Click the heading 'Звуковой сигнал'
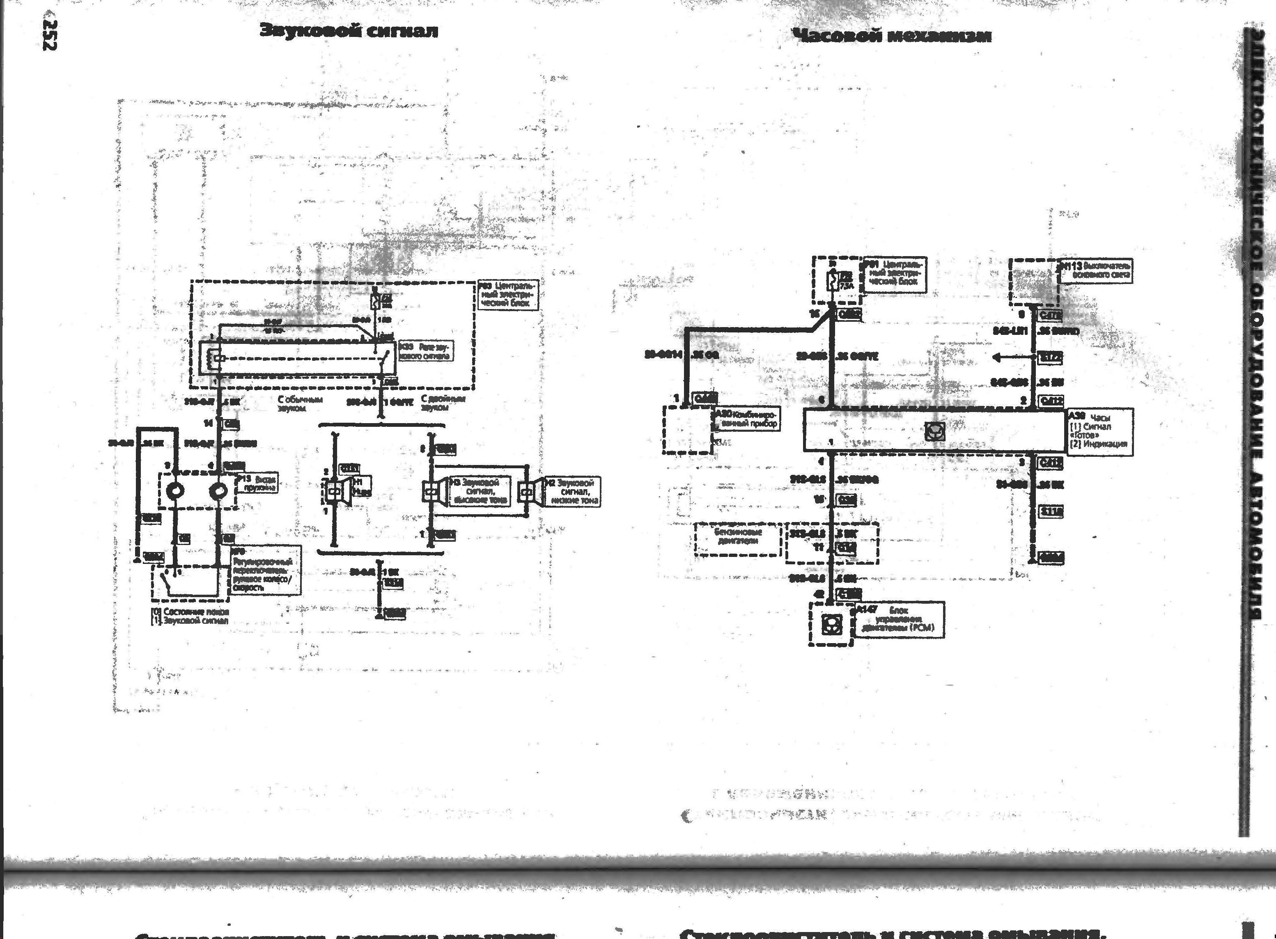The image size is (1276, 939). pyautogui.click(x=349, y=31)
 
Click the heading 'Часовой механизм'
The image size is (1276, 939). pyautogui.click(x=892, y=36)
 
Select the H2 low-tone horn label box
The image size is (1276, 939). pyautogui.click(x=571, y=491)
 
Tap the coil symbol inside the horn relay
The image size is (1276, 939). pyautogui.click(x=217, y=358)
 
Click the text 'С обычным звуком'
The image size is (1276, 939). pyautogui.click(x=300, y=403)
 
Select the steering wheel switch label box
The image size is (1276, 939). pyautogui.click(x=266, y=570)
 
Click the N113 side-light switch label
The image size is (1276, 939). pyautogui.click(x=1096, y=271)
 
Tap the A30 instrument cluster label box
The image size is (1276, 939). pyautogui.click(x=746, y=419)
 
